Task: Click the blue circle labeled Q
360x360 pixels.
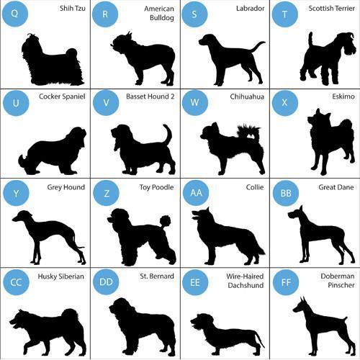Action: [15, 14]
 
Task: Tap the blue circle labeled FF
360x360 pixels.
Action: [286, 282]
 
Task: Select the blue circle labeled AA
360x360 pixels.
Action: [196, 193]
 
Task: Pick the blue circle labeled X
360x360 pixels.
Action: [285, 103]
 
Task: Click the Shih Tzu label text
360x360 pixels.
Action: [73, 9]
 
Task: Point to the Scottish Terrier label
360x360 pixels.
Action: [331, 9]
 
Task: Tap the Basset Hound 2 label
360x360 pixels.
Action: [150, 96]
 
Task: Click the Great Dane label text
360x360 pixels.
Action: [336, 187]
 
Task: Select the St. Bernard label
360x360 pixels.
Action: [157, 276]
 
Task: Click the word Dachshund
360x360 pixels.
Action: [246, 285]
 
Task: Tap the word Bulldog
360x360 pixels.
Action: [162, 18]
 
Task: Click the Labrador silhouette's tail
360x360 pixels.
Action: [258, 46]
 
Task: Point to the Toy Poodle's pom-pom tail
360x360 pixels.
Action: [165, 222]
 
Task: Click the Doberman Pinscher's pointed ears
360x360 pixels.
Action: [302, 300]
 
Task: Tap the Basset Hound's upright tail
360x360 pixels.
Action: [168, 134]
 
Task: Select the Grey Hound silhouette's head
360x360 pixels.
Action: [22, 216]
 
